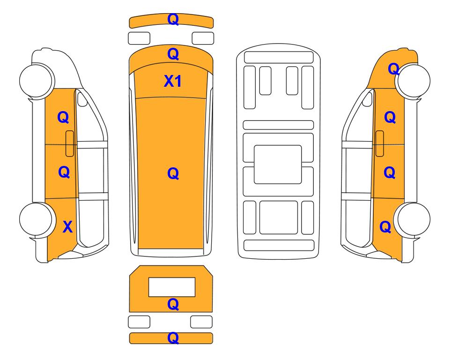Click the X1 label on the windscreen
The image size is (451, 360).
[x=172, y=81]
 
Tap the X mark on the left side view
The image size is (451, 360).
[x=67, y=227]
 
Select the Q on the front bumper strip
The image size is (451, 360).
[x=173, y=20]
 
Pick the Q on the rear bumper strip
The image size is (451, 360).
[x=173, y=338]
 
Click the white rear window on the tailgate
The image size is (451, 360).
[x=172, y=287]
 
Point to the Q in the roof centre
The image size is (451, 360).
[x=173, y=173]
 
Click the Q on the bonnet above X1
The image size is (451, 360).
[x=173, y=54]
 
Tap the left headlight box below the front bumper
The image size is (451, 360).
[x=139, y=38]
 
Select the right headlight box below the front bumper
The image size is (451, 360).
[x=203, y=38]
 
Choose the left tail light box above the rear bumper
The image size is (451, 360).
[x=139, y=322]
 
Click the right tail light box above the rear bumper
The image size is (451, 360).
[x=201, y=322]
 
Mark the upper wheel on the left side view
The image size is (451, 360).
[x=37, y=80]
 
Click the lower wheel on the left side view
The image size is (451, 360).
[x=37, y=219]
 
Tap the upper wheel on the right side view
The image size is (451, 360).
[x=413, y=81]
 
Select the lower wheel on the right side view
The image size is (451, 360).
[x=413, y=219]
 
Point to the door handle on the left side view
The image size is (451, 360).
[x=70, y=143]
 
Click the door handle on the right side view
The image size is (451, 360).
[x=380, y=143]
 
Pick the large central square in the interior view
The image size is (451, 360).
[x=278, y=165]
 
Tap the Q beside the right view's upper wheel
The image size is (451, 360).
[x=393, y=69]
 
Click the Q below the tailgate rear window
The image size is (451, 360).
[x=173, y=304]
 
